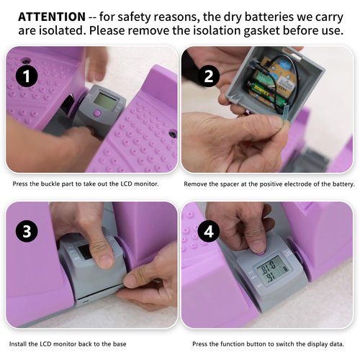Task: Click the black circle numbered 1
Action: click(x=27, y=76)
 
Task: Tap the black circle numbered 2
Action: click(x=209, y=76)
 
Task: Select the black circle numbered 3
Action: click(x=27, y=231)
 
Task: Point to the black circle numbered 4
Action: click(x=209, y=231)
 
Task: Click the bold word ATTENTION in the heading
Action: click(x=52, y=17)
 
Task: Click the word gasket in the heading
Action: click(x=261, y=31)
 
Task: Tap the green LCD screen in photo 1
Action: click(x=105, y=102)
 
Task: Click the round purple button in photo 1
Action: click(x=97, y=112)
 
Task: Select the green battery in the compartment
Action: click(x=266, y=94)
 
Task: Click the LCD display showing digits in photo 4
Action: click(x=272, y=271)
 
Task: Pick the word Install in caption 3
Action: click(x=18, y=344)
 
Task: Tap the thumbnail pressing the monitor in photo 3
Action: click(x=105, y=261)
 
